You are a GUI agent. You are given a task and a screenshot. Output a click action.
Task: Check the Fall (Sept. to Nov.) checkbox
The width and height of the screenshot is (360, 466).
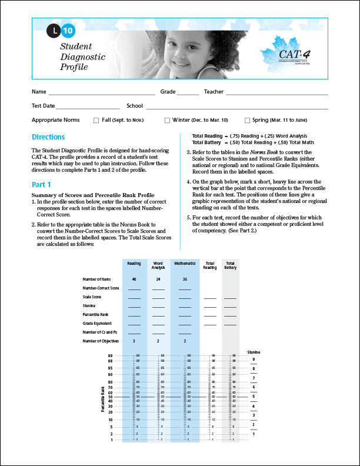(96, 120)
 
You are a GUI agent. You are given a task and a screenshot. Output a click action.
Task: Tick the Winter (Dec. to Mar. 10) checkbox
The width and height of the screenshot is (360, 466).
(167, 120)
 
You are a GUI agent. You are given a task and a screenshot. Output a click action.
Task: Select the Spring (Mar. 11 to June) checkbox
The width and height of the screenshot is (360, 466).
(247, 120)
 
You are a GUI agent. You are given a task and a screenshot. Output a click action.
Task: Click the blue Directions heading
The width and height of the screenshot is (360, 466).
(48, 137)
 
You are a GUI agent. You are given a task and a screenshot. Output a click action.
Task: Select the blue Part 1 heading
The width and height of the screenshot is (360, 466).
(42, 184)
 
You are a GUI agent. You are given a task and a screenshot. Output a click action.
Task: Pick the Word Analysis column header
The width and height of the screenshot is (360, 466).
(158, 265)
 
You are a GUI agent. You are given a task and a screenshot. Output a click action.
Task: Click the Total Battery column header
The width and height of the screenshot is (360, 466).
(230, 265)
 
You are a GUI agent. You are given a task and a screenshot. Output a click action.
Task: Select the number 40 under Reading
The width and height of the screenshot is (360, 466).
(134, 279)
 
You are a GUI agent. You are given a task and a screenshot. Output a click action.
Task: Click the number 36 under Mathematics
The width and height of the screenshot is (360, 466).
(185, 279)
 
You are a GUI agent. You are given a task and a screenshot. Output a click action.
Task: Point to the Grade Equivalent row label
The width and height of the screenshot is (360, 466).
(101, 324)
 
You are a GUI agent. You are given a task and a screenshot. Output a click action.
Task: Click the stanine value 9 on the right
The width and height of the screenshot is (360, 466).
(254, 359)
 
